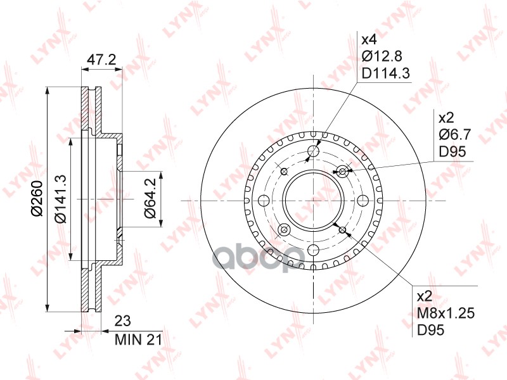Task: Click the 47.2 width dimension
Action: [101, 60]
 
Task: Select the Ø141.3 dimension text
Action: [60, 199]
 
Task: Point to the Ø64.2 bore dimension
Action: [150, 198]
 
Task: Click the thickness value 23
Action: [123, 321]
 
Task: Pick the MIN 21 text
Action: [138, 339]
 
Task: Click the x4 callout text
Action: [369, 40]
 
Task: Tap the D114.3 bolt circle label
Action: [386, 73]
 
